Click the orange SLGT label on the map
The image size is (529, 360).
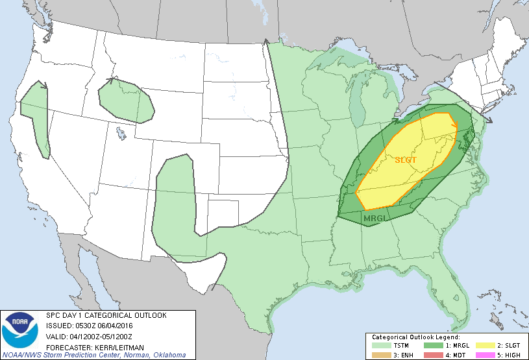click(406, 160)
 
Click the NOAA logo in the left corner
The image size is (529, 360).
click(20, 330)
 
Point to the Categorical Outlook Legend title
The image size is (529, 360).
click(415, 338)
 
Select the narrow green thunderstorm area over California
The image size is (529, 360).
click(36, 120)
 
